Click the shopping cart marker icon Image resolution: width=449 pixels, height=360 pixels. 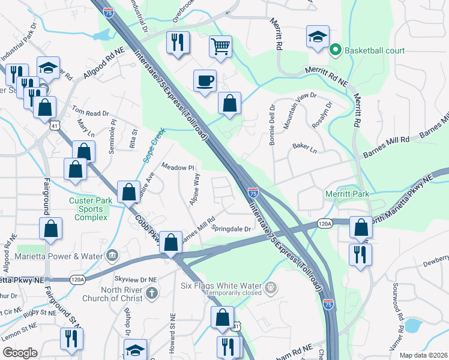tap(221, 46)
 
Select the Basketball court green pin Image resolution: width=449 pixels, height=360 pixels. tap(336, 50)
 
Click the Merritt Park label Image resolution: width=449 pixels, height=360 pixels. tap(348, 194)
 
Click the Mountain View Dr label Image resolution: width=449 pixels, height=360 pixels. tap(300, 107)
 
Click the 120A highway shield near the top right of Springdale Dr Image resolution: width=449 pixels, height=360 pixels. tap(325, 224)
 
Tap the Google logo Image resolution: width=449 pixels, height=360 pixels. tap(20, 353)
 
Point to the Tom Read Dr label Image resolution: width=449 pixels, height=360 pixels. tap(91, 112)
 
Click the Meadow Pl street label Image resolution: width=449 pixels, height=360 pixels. tap(178, 167)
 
